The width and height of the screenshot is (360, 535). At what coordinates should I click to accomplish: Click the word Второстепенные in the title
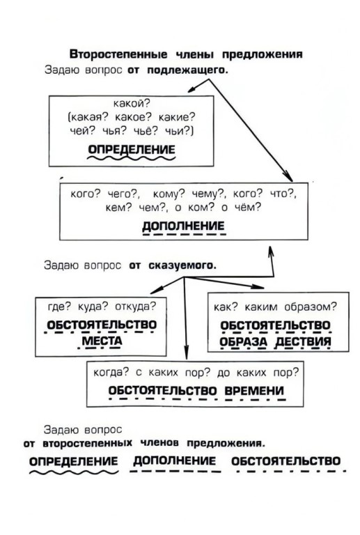[118, 54]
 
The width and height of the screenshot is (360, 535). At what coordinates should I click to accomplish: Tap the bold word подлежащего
[187, 70]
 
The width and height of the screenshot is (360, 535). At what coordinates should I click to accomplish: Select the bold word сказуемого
[182, 265]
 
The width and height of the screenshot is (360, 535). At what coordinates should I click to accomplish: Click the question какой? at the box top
[132, 103]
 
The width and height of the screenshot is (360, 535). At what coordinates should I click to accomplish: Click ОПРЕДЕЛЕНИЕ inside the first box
[132, 150]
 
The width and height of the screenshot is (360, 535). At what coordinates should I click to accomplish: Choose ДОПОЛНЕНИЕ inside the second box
[183, 226]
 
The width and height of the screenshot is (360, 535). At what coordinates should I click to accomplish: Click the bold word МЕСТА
[102, 341]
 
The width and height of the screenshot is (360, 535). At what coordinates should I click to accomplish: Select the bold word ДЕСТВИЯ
[303, 341]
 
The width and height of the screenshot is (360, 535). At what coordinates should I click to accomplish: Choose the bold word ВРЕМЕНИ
[254, 390]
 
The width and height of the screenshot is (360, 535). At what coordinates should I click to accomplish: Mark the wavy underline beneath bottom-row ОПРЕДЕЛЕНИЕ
[74, 472]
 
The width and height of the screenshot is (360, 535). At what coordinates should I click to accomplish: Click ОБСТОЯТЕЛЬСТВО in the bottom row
[285, 461]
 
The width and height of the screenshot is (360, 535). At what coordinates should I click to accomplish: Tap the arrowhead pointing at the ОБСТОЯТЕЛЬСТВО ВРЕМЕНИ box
[186, 353]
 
